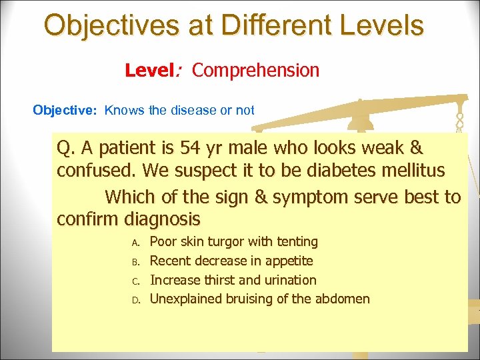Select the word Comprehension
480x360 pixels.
pyautogui.click(x=256, y=70)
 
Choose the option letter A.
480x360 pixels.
pyautogui.click(x=134, y=242)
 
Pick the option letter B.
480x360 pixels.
pyautogui.click(x=134, y=261)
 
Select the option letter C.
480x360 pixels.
pyautogui.click(x=134, y=281)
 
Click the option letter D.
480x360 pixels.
pyautogui.click(x=134, y=300)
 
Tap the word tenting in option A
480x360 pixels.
pyautogui.click(x=295, y=241)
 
